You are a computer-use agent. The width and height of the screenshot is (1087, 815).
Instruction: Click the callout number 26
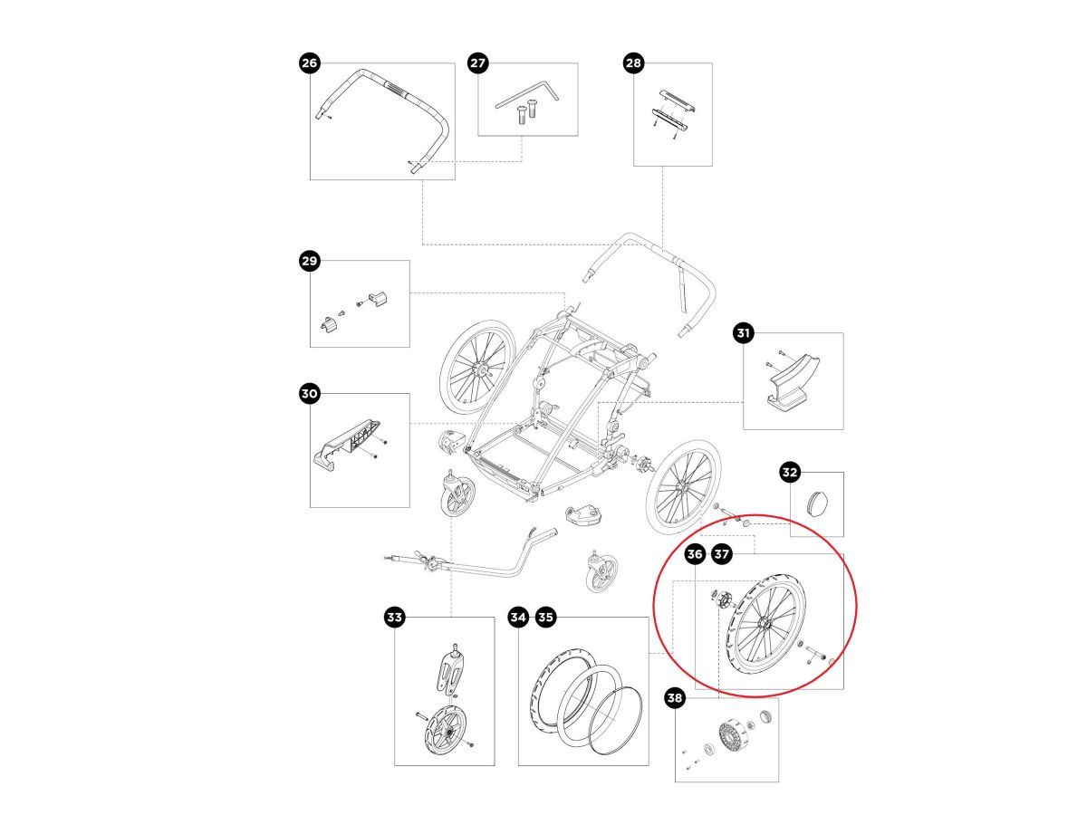point(310,62)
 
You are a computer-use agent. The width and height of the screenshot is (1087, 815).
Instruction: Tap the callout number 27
point(477,62)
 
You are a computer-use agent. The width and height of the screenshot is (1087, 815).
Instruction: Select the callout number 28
point(633,62)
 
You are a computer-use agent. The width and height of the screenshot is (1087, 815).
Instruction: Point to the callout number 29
point(310,262)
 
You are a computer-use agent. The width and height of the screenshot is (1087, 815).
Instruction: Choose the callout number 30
point(310,394)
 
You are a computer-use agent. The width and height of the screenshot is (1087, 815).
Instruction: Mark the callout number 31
point(743,334)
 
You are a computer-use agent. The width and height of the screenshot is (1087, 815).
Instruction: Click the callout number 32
point(790,472)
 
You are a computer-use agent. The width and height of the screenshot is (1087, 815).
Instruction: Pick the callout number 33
point(394,618)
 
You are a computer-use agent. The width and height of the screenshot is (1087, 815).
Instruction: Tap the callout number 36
point(695,553)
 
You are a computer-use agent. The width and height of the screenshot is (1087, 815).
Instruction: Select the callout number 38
point(675,698)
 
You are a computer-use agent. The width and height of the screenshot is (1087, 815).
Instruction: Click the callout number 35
point(545,618)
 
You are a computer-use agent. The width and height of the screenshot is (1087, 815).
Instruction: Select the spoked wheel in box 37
point(764,624)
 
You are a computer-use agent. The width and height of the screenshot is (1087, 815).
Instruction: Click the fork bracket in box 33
point(452,670)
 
